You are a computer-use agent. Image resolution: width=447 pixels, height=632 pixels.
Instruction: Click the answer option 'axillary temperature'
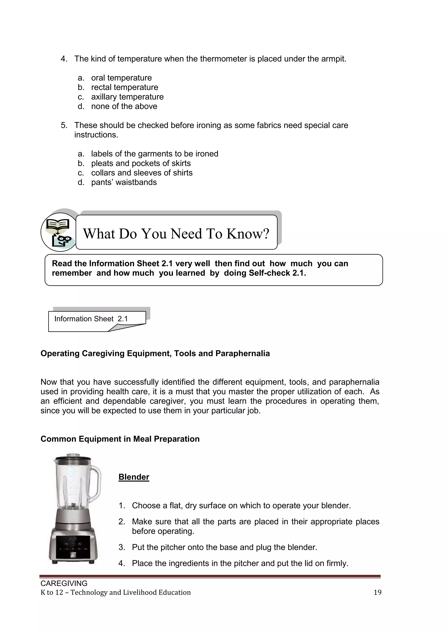(127, 97)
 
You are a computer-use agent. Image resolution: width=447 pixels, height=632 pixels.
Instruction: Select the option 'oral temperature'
(121, 78)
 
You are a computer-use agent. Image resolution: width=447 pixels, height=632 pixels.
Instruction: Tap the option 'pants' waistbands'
(124, 182)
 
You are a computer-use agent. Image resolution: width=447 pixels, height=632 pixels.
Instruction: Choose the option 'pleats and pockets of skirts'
(141, 163)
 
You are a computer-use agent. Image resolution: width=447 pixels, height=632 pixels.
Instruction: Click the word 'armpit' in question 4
(333, 59)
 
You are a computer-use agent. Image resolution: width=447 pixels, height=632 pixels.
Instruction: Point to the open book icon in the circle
(57, 225)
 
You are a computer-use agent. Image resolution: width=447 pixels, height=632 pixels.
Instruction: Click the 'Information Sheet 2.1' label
(91, 319)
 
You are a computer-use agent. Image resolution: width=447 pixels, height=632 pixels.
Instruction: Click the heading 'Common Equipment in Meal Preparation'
(120, 439)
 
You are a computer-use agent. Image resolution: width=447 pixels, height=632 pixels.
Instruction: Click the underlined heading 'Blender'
(134, 477)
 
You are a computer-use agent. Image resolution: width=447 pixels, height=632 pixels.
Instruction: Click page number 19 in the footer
(377, 592)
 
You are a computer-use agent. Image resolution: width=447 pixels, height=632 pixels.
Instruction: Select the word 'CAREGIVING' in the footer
(64, 583)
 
